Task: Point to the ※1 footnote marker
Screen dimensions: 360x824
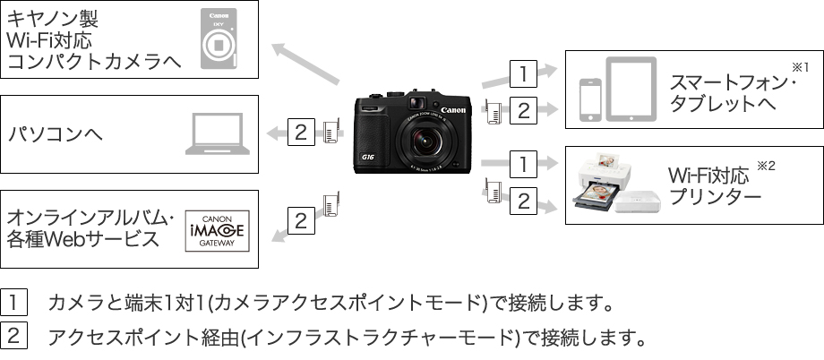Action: (x=800, y=67)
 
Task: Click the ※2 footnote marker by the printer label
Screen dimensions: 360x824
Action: (x=765, y=166)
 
